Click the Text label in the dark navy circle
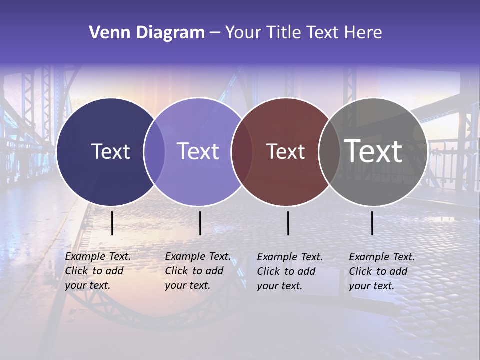[110, 151]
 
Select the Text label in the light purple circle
[198, 151]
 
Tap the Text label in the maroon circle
[285, 151]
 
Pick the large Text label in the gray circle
[373, 151]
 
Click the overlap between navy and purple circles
[154, 152]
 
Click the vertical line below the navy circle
[112, 223]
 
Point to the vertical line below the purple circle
[200, 223]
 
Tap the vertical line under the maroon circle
[288, 223]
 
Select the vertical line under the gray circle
[372, 223]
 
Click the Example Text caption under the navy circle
[97, 271]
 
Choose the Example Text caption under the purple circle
[197, 271]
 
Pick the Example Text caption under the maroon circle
[289, 271]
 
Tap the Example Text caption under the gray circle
[381, 271]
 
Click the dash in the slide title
[215, 33]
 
